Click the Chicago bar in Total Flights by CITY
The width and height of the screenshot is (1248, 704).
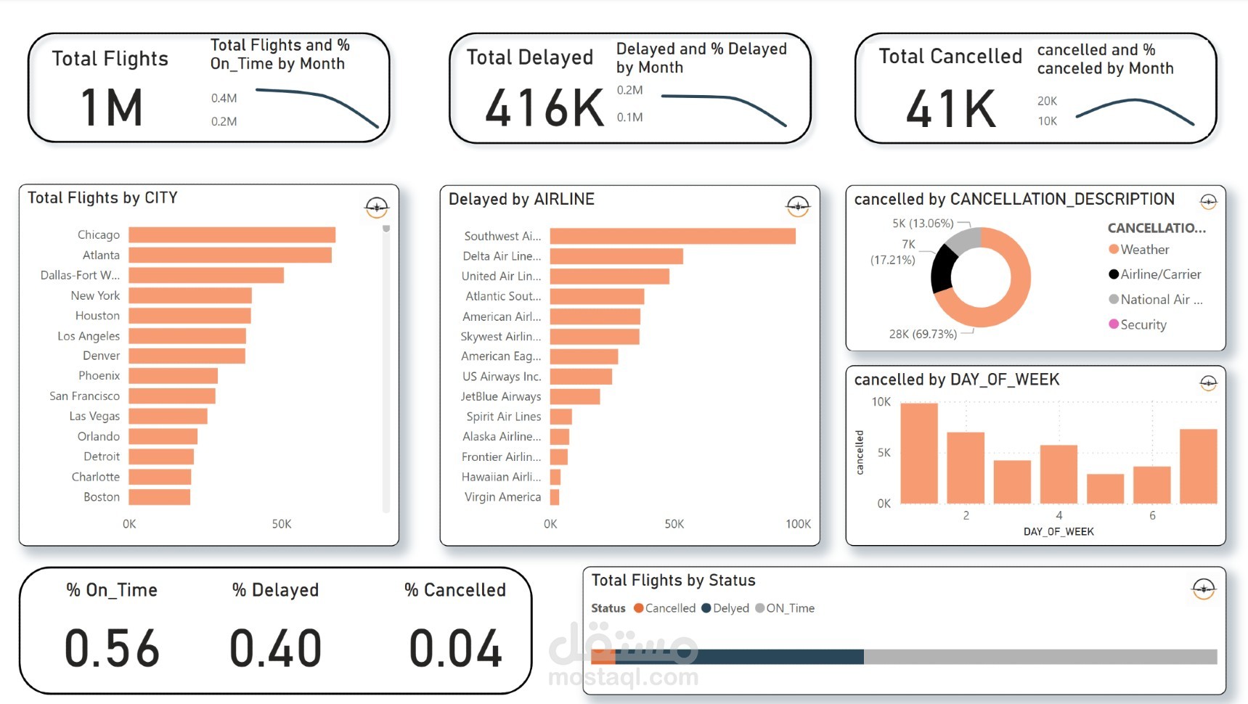[x=232, y=235]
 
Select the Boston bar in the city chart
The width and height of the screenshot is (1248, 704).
[x=160, y=497]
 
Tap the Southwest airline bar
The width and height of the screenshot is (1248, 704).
[x=672, y=236]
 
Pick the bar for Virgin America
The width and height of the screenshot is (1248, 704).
[x=555, y=497]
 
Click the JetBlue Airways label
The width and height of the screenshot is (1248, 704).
[x=501, y=396]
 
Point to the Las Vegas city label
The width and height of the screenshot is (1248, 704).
[x=94, y=416]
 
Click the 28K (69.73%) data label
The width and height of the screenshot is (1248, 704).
[x=923, y=334]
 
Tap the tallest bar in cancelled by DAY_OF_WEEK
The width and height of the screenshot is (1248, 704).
[x=918, y=453]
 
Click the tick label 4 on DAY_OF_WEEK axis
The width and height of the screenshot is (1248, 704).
[x=1059, y=515]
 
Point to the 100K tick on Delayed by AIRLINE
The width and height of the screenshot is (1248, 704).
[x=798, y=524]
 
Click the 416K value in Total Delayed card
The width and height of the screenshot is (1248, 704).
[x=544, y=108]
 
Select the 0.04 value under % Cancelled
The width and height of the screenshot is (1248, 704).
[x=455, y=648]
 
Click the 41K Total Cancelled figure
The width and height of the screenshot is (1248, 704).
[x=950, y=109]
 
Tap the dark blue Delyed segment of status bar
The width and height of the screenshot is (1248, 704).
[x=739, y=657]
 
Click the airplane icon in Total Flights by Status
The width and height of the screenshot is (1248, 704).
[x=1203, y=589]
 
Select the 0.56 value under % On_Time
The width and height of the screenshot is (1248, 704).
[x=112, y=648]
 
